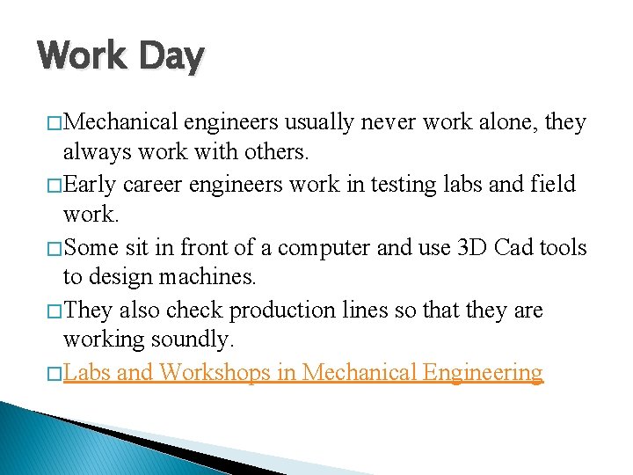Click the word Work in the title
coord(77,57)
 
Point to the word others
coord(271,152)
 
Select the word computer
coord(317,248)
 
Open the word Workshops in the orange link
coord(215,373)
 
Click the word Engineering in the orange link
coord(483,373)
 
